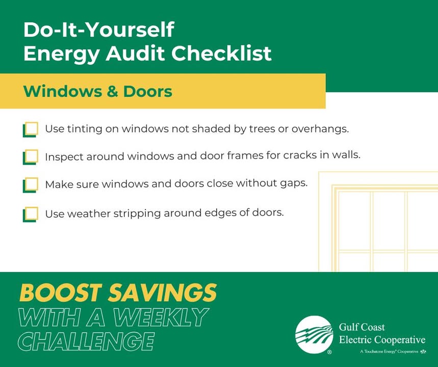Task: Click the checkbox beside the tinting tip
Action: tap(31, 129)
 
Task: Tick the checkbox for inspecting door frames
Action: tap(31, 157)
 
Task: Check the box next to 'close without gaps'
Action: tap(31, 185)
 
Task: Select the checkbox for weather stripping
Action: tap(31, 214)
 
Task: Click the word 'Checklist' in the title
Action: tap(221, 53)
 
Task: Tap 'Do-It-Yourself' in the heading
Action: tap(99, 30)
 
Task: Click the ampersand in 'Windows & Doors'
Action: tap(112, 91)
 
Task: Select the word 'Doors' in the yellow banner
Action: tap(148, 91)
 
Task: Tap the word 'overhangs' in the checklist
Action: tap(320, 129)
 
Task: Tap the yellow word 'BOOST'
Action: tap(61, 293)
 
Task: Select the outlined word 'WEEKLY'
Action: tap(161, 317)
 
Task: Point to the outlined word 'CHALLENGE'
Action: tap(86, 342)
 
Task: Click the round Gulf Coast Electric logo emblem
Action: tap(314, 334)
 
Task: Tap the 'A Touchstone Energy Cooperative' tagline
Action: tap(389, 351)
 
